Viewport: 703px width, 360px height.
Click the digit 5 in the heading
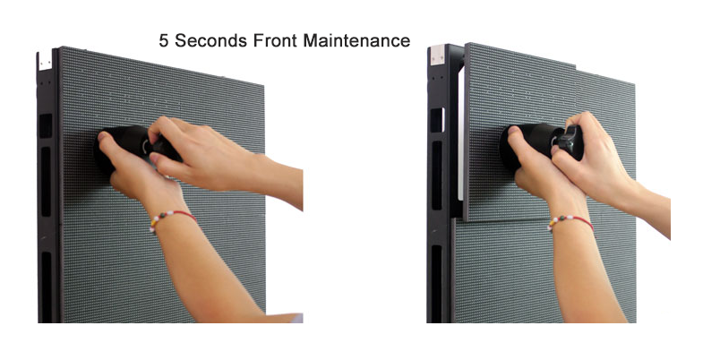click(164, 41)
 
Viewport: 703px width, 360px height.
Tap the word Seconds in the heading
click(210, 41)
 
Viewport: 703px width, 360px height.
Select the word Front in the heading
click(275, 41)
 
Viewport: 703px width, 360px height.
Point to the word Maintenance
click(357, 41)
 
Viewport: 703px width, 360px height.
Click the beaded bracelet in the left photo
click(172, 219)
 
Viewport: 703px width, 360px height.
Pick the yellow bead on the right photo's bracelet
click(551, 223)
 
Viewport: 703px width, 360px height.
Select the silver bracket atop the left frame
click(46, 61)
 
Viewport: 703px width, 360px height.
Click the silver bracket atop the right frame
click(437, 56)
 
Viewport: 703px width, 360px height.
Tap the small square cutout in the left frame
click(46, 126)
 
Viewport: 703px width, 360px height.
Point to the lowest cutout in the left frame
click(47, 287)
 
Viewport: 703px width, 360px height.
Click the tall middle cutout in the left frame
click(47, 182)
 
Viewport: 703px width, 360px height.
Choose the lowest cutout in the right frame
click(436, 283)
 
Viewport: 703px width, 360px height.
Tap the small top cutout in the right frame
click(437, 120)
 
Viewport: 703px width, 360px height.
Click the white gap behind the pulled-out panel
click(460, 134)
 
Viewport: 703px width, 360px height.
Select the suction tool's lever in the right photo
click(570, 141)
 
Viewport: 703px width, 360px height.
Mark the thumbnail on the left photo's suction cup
click(103, 136)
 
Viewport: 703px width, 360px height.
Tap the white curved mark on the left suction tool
click(145, 146)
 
